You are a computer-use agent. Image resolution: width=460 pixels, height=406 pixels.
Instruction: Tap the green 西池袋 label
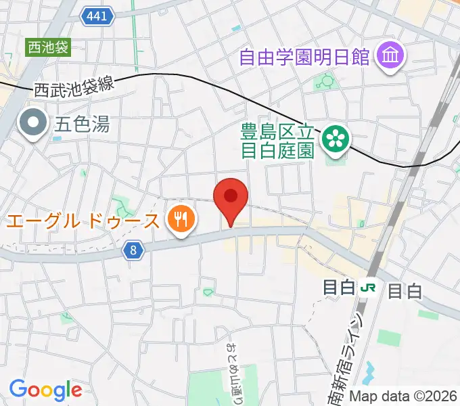tap(48, 47)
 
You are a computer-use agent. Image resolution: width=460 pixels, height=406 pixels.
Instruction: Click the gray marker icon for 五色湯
tap(32, 124)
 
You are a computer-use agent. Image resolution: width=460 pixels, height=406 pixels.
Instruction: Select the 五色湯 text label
tap(82, 124)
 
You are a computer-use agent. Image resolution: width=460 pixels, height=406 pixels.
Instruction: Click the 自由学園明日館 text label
tap(304, 55)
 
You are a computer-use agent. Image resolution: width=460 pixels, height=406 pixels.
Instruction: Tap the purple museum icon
tap(390, 55)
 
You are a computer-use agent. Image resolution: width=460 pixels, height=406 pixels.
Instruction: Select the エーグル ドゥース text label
tap(84, 220)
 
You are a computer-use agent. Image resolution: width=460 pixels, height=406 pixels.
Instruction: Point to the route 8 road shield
tap(134, 250)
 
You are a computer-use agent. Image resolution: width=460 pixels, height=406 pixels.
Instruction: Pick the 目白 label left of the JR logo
tap(340, 288)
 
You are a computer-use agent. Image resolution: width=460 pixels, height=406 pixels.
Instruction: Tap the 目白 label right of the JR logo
tap(405, 291)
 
